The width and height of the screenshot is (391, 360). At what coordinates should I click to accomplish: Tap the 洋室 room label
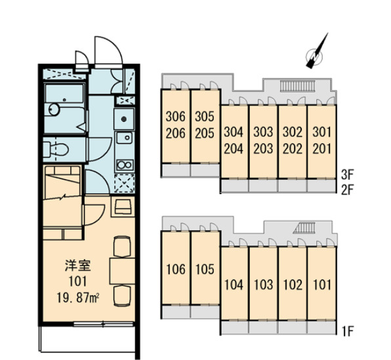[x=78, y=266]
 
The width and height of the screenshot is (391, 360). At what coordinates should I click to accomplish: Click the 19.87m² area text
[x=78, y=298]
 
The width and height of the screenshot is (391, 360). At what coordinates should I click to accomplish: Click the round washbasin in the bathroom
[x=54, y=110]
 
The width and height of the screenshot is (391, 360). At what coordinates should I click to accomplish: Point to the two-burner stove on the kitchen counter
[x=125, y=165]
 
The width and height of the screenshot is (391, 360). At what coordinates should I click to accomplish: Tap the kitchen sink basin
[x=125, y=138]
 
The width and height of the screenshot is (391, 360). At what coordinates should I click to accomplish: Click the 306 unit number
[x=176, y=117]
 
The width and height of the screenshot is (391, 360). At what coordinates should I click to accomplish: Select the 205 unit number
[x=205, y=133]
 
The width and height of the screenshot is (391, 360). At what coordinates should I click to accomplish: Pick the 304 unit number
[x=234, y=132]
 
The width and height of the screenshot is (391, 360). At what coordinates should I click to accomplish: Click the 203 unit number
[x=263, y=149]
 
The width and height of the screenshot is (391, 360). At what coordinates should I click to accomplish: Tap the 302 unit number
[x=293, y=132]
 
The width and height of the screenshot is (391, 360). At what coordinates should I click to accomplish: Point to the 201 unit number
[x=322, y=149]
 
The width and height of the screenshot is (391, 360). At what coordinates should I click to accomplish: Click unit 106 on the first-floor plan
[x=176, y=270]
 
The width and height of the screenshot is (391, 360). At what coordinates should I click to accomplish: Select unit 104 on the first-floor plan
[x=234, y=285]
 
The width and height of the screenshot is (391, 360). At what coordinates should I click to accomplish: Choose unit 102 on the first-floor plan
[x=293, y=285]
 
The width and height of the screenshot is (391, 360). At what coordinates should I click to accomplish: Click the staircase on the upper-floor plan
[x=298, y=86]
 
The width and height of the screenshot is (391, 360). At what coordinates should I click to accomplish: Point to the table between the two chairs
[x=122, y=271]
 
